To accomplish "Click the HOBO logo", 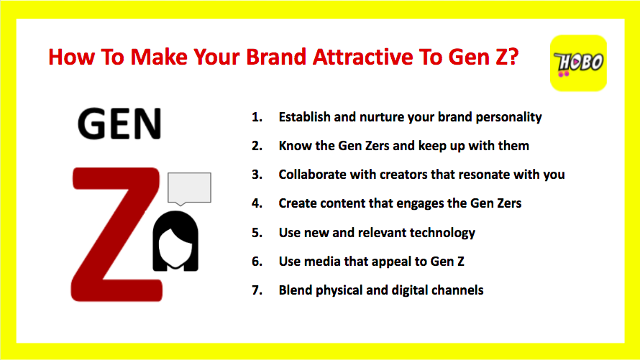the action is click(578, 63).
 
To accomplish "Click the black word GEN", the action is click(119, 124).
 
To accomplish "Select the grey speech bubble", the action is click(189, 188).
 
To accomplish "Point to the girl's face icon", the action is click(175, 241).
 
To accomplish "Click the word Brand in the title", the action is click(276, 57).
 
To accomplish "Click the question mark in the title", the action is click(513, 57).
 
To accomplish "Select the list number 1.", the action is click(257, 117).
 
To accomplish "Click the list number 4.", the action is click(257, 203).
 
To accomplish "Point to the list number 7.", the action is click(257, 290).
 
